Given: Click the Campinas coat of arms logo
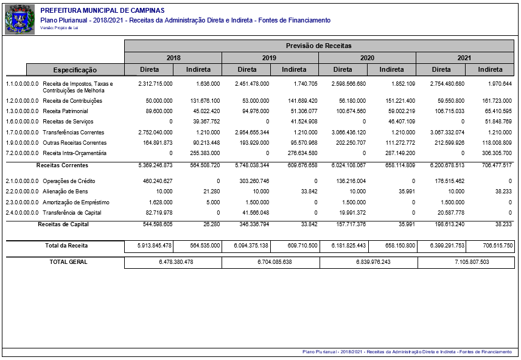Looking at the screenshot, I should pos(20,19).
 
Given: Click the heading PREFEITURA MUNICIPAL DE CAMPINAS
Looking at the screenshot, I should pos(102,11).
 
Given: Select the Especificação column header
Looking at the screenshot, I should pos(75,70).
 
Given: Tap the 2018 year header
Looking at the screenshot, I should pos(173,58).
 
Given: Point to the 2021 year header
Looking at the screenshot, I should pos(465,58).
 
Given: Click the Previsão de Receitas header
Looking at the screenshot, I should pos(319,46).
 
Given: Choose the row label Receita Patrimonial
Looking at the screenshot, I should pos(65,111).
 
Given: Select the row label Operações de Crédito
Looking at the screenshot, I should pos(68,181).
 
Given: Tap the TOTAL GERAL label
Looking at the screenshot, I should pos(68,262).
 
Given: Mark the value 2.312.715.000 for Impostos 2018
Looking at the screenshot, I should pos(155,83).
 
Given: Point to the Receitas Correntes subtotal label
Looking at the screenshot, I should pos(62,165).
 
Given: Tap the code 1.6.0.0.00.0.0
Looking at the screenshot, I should pos(23,122).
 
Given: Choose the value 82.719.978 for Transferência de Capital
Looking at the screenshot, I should pos(156,213).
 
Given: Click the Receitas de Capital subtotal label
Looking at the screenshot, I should pos(63,224).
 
